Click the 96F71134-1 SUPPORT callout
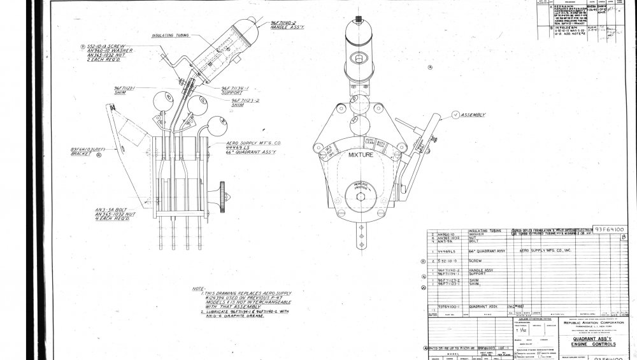pos(234,90)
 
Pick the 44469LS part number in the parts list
pos(447,252)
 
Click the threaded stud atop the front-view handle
pos(359,17)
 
